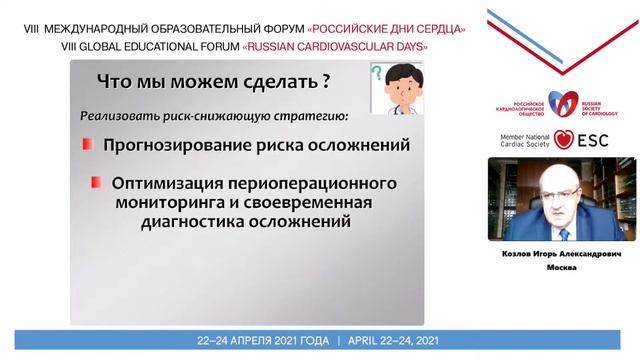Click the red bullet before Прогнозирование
pos(88,146)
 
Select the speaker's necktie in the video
pos(553,225)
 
